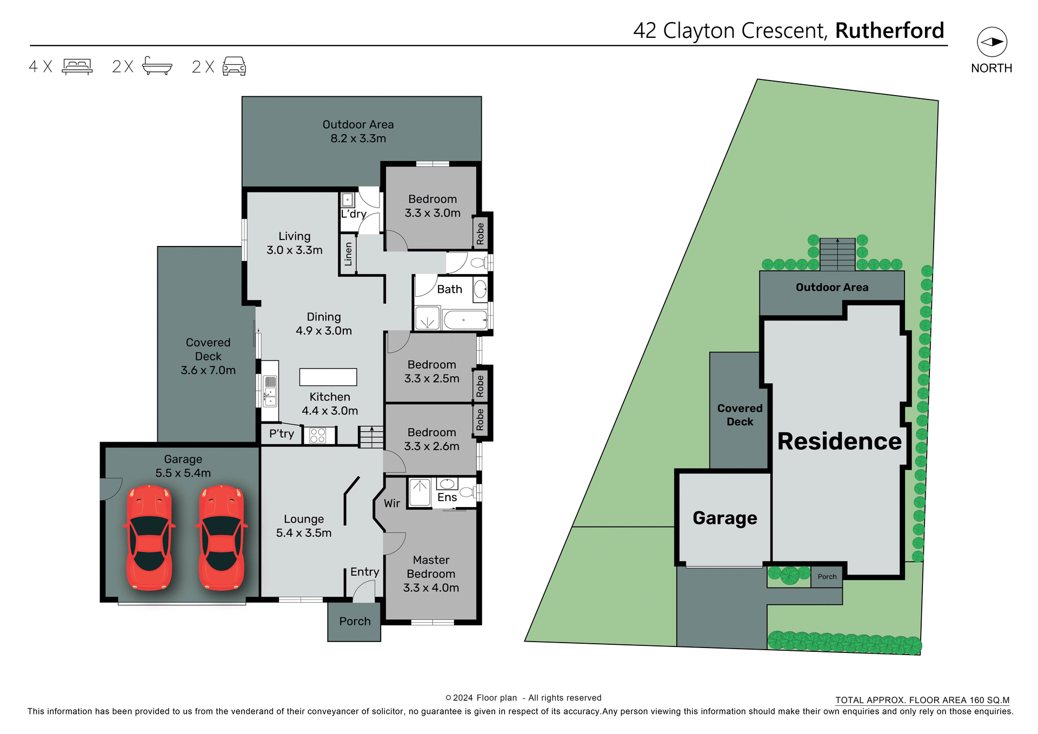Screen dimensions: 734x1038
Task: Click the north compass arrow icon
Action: (992, 42)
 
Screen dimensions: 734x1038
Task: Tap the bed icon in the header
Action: (77, 66)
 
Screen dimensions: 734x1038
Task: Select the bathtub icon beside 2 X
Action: (157, 66)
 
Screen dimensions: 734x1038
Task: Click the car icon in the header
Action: (234, 66)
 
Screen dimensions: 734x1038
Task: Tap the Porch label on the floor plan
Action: (355, 622)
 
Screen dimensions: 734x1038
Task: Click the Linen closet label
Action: (348, 254)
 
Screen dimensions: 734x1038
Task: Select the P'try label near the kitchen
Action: (282, 434)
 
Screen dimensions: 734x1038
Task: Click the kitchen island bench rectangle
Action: (328, 377)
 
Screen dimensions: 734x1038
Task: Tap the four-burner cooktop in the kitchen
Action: (318, 435)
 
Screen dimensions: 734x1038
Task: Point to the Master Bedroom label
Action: (431, 573)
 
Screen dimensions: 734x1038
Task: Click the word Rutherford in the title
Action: (889, 31)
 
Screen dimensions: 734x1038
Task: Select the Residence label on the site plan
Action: (839, 441)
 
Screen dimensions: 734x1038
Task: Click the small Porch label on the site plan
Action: (827, 577)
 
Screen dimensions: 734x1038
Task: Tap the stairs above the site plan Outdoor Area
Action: (837, 254)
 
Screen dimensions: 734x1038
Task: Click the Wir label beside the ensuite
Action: (392, 504)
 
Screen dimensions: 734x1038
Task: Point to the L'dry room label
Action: (354, 214)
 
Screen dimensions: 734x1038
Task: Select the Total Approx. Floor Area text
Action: (922, 700)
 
